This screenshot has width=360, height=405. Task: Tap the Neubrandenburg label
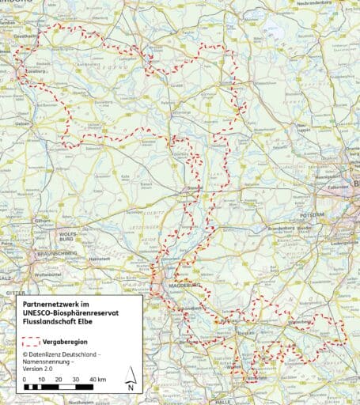(323, 4)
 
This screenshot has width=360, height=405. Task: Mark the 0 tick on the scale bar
(25, 380)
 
